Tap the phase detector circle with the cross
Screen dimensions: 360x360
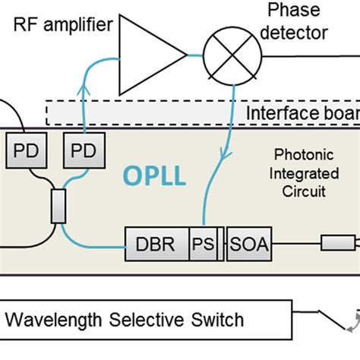(x=232, y=55)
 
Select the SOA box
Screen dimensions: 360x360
(x=248, y=245)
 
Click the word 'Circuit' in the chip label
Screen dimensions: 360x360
(x=302, y=191)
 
